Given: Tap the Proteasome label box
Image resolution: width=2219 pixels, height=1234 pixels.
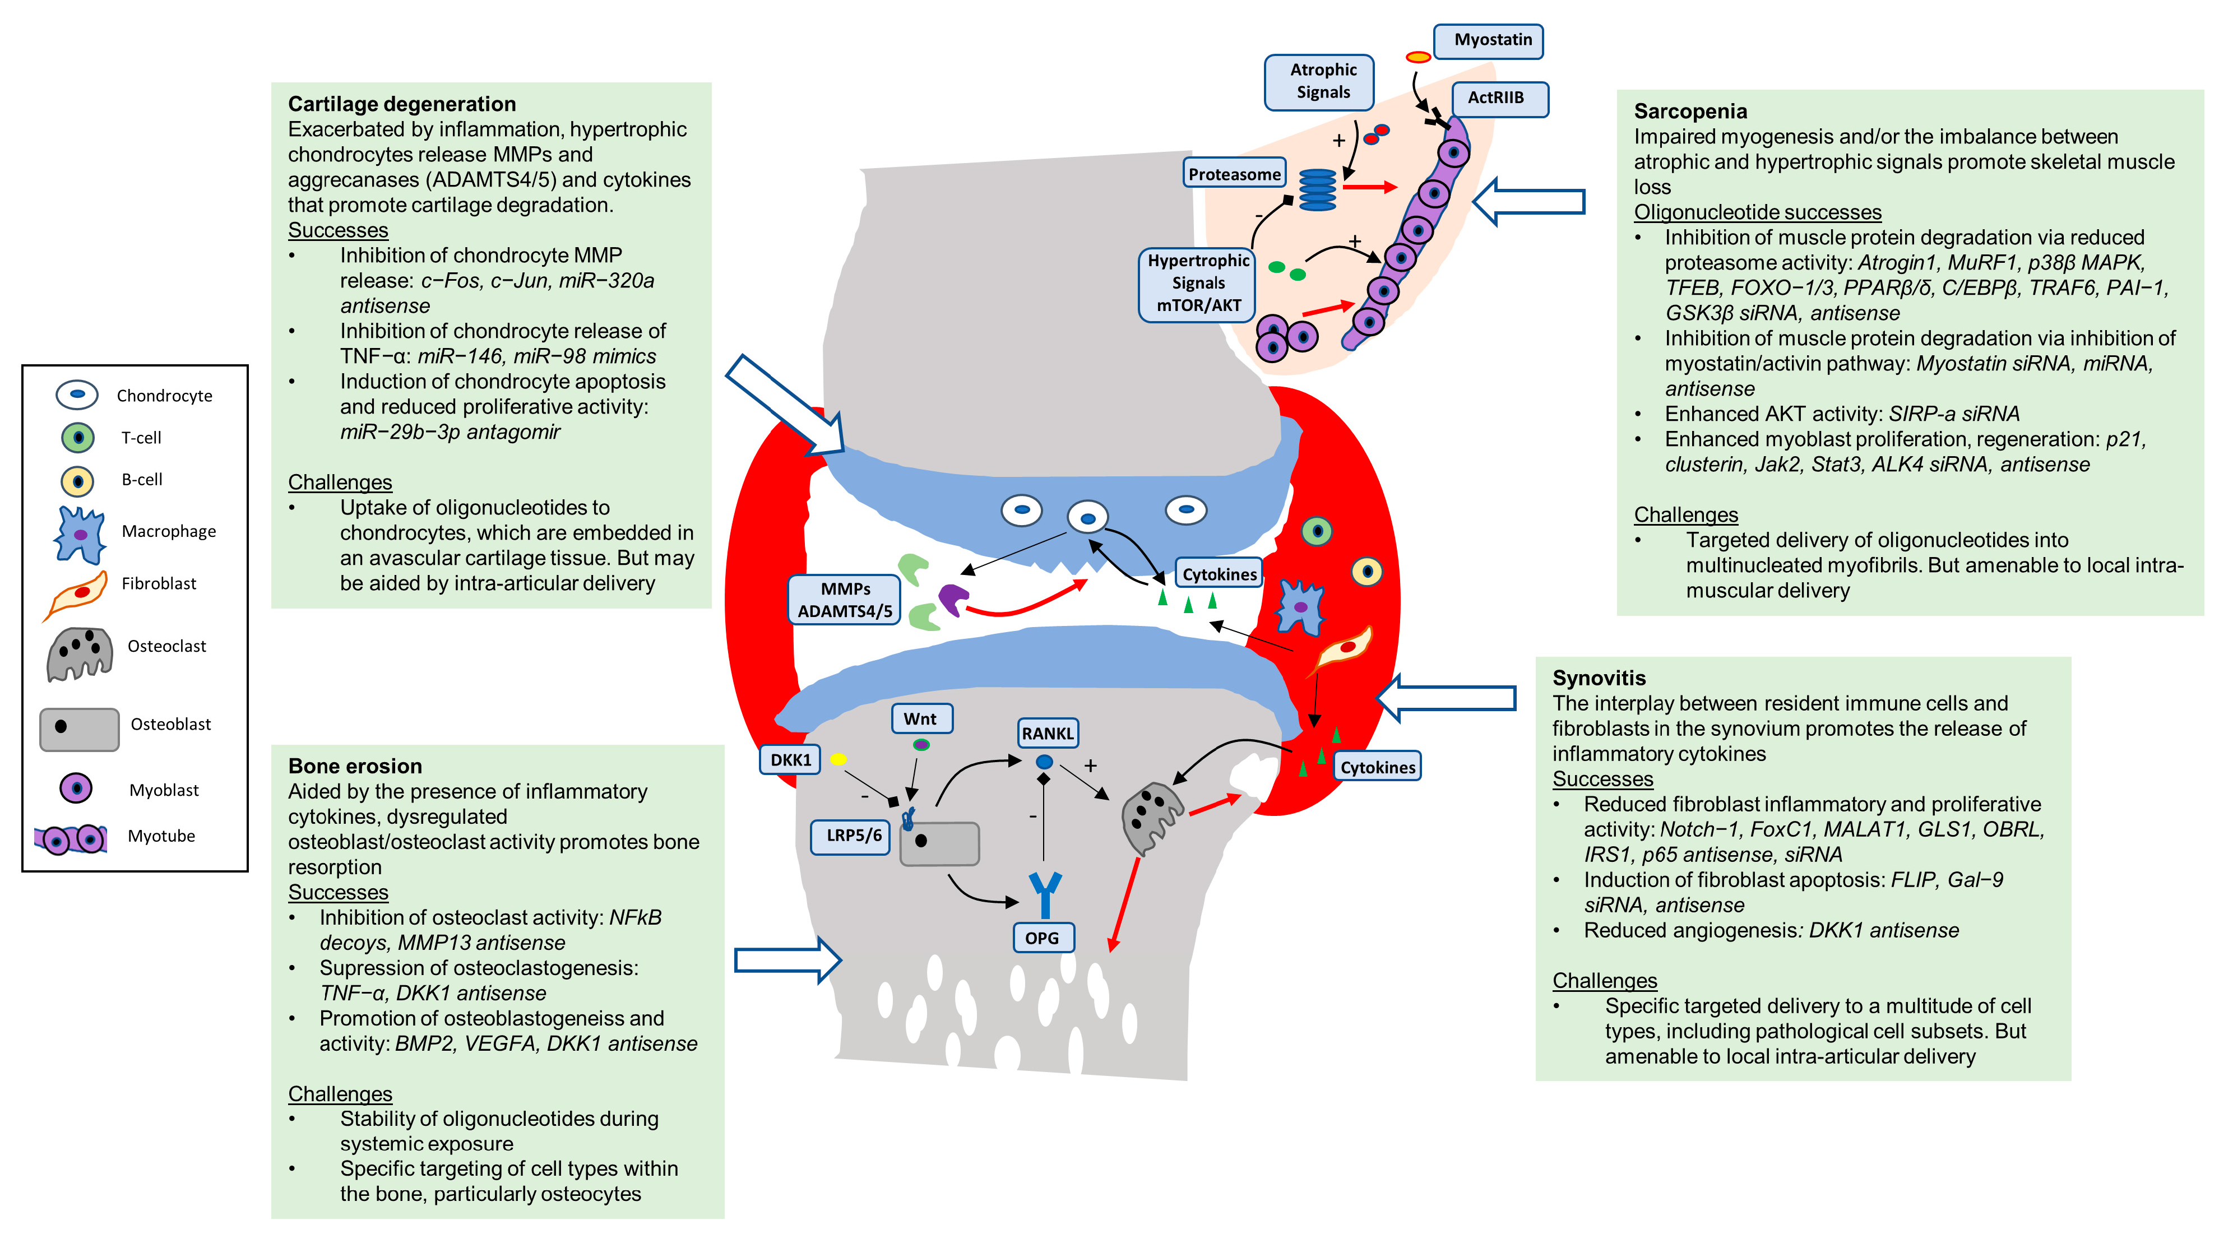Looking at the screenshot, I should tap(1234, 173).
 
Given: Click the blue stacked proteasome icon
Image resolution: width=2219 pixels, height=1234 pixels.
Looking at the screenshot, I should tap(1317, 189).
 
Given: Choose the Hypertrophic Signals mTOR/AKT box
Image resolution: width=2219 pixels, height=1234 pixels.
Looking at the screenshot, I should tap(1197, 284).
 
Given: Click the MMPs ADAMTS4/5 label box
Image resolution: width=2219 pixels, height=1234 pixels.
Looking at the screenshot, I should tap(844, 599).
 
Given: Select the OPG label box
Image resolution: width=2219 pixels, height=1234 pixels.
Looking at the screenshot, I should tap(1043, 937).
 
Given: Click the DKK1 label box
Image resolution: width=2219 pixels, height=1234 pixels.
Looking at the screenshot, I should tap(790, 759).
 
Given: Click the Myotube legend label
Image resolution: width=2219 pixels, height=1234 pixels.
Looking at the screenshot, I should tap(161, 836).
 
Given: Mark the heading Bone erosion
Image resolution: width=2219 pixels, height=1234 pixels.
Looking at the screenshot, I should tap(355, 766).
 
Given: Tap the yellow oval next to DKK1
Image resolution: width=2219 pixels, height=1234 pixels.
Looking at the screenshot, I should tap(838, 759).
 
